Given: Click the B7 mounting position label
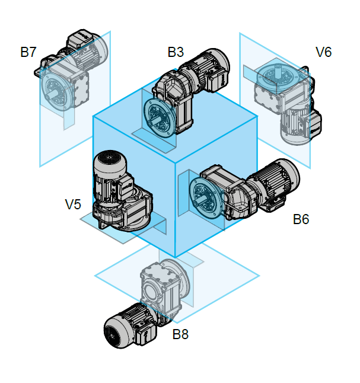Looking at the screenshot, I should pos(28,52).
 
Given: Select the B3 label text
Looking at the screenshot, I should pos(176,52).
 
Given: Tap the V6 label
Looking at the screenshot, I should pos(323,52).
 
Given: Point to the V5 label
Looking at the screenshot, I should pos(73,205).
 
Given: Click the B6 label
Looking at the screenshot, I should pos(301,219).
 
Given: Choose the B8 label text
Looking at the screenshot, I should pos(180,334).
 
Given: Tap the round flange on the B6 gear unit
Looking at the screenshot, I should pos(204,196).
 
